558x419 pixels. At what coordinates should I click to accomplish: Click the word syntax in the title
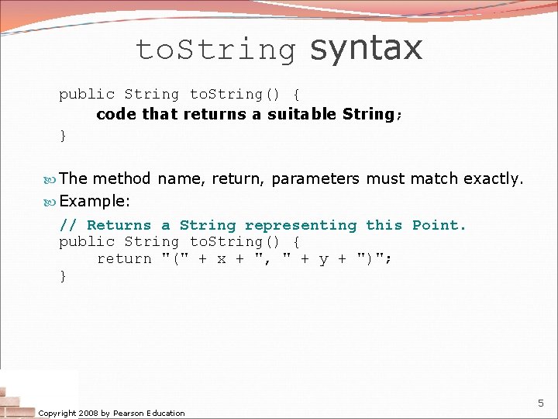coord(366,48)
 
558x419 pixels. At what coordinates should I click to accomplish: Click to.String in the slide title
coord(216,50)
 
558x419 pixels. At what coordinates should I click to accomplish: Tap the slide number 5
coord(541,403)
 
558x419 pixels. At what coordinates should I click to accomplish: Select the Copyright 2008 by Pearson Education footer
coord(112,413)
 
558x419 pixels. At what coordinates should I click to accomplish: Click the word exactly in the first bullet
coord(494,178)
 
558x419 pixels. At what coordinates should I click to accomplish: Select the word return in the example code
coord(124,258)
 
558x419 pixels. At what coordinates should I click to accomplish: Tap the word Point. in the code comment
coord(439,225)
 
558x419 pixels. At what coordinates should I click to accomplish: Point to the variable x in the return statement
coord(222,258)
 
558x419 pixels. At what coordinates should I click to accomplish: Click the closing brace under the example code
coord(64,275)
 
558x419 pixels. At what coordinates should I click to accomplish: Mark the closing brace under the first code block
coord(64,136)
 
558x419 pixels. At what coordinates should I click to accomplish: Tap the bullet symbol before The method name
coord(50,179)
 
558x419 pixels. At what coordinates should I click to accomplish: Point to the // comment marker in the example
coord(68,225)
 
